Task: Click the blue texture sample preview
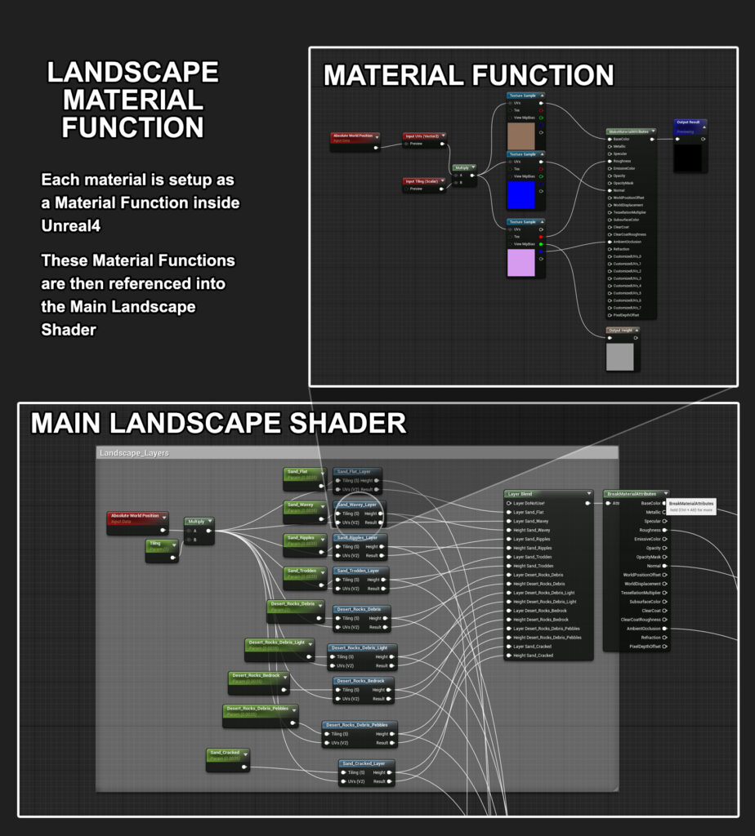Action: coord(521,194)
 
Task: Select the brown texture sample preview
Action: coord(521,136)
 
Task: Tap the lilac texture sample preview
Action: coord(521,263)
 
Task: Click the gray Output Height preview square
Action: coord(620,355)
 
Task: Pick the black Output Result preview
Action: coord(690,158)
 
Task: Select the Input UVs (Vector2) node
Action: coord(424,136)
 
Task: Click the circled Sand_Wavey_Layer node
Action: coord(360,513)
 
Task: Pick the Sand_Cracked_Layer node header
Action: coord(367,764)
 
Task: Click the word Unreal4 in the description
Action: coord(70,225)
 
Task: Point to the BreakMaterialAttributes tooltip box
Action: coord(690,506)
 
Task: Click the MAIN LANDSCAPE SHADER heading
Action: coord(218,423)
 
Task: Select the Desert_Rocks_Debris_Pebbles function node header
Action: coord(360,725)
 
